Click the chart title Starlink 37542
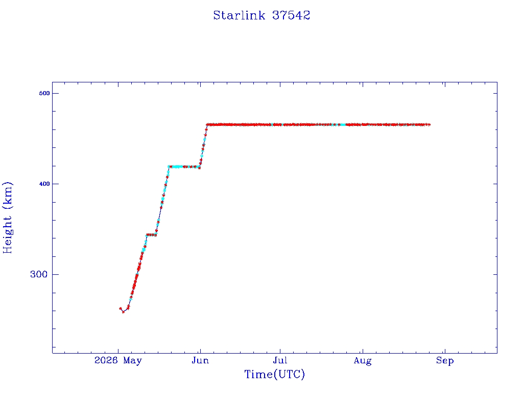[x=261, y=15]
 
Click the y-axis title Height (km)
[x=7, y=217]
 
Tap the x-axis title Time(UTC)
[x=274, y=374]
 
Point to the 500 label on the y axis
[x=44, y=93]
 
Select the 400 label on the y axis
[x=44, y=184]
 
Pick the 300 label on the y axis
[x=39, y=274]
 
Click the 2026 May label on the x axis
[x=118, y=361]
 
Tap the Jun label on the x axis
[x=200, y=360]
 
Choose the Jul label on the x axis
[x=280, y=360]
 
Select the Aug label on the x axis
[x=363, y=361]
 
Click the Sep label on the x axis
[x=445, y=361]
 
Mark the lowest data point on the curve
[x=123, y=312]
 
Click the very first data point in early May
[x=121, y=309]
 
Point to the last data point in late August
[x=429, y=125]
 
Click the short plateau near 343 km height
[x=151, y=235]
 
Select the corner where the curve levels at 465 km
[x=207, y=125]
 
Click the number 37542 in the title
[x=291, y=15]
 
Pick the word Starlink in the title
[x=239, y=15]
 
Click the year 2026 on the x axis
[x=106, y=360]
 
